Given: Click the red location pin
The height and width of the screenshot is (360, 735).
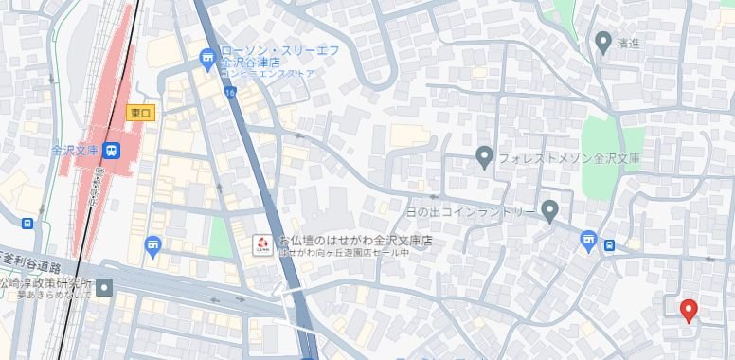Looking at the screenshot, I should click(x=690, y=309).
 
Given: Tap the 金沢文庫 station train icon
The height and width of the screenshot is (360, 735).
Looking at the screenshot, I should click(x=112, y=150).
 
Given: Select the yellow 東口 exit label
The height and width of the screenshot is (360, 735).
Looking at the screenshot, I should click(x=141, y=113).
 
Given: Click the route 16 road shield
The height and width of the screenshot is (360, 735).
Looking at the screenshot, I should click(x=230, y=91).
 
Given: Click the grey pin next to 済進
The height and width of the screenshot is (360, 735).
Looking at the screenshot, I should click(x=602, y=41).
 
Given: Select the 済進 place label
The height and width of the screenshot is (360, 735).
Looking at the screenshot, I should click(x=630, y=43).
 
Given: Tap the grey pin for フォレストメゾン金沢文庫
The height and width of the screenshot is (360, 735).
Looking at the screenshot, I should click(x=484, y=156).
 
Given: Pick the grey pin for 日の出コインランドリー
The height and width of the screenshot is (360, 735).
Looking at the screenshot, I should click(x=550, y=209).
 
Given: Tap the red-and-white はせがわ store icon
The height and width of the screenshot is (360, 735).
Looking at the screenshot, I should click(x=263, y=244).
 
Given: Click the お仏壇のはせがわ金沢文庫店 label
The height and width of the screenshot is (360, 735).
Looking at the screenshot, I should click(x=356, y=242).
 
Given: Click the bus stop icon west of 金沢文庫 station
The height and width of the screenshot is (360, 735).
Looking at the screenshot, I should click(x=27, y=225).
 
